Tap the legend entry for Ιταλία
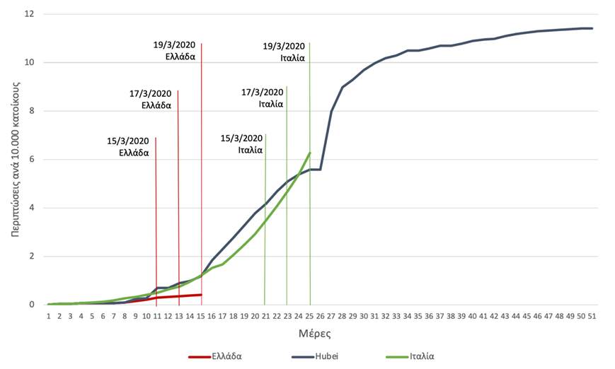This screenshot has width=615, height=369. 419,356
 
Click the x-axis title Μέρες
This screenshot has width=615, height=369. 321,332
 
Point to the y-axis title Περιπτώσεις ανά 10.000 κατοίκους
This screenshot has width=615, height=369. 15,159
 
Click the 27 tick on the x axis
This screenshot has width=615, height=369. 331,316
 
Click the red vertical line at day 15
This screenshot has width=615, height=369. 202,141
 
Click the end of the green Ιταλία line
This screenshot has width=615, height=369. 310,153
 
